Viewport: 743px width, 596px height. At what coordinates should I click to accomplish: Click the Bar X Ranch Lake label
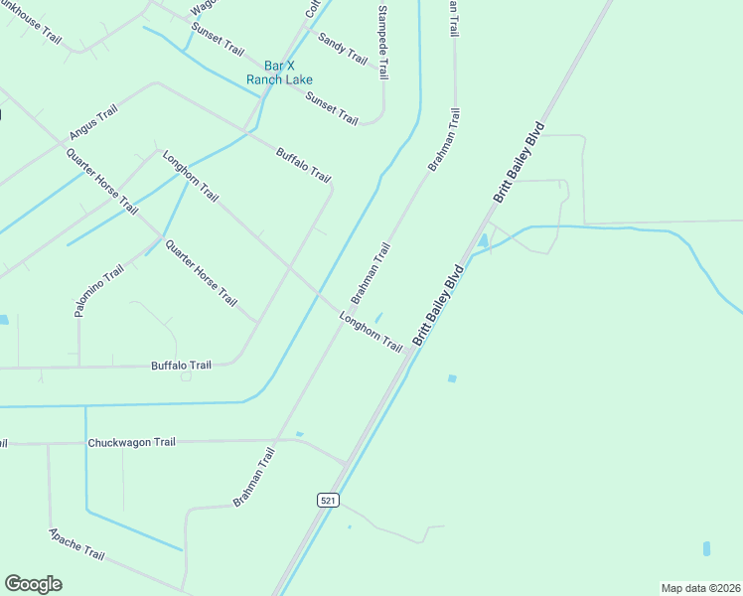pyautogui.click(x=279, y=73)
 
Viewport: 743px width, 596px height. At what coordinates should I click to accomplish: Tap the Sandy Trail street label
pyautogui.click(x=343, y=48)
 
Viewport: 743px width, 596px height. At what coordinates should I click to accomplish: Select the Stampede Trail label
pyautogui.click(x=382, y=42)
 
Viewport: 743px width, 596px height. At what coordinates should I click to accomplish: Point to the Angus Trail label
pyautogui.click(x=93, y=122)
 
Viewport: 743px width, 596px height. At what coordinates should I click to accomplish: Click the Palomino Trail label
pyautogui.click(x=98, y=290)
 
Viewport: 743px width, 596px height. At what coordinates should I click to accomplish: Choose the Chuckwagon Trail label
pyautogui.click(x=131, y=442)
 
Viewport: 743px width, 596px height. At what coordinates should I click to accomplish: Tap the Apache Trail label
pyautogui.click(x=76, y=543)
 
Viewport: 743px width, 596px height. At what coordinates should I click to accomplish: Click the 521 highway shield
pyautogui.click(x=327, y=501)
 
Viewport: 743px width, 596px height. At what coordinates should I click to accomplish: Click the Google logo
pyautogui.click(x=33, y=584)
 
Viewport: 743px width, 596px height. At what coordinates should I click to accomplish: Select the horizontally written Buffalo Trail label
pyautogui.click(x=181, y=366)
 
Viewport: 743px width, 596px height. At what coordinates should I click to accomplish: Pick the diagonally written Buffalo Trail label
pyautogui.click(x=303, y=164)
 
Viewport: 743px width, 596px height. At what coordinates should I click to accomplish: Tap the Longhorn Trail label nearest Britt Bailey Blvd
pyautogui.click(x=371, y=332)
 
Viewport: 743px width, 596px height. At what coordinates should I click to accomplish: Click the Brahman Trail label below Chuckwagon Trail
pyautogui.click(x=253, y=477)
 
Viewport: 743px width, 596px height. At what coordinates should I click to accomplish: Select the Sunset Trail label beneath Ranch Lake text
pyautogui.click(x=332, y=107)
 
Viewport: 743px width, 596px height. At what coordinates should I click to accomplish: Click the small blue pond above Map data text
pyautogui.click(x=706, y=548)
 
